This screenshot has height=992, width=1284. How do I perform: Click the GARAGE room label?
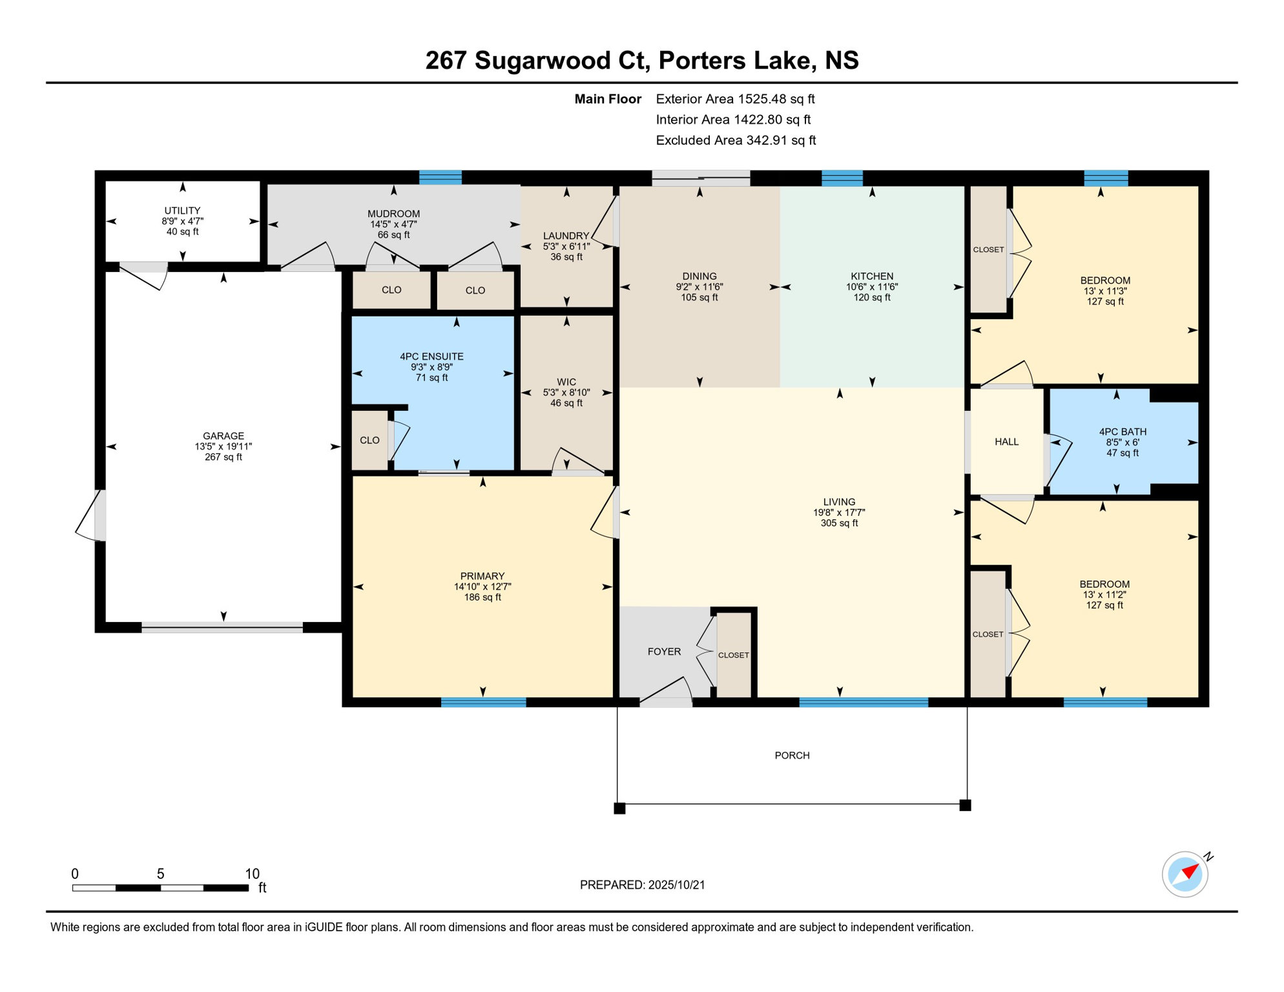click(223, 436)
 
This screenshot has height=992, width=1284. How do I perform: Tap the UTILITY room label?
click(182, 211)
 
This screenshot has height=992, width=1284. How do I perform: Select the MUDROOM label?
click(393, 214)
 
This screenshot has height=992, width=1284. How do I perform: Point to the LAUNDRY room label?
click(566, 236)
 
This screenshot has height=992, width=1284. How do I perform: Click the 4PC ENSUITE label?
click(431, 356)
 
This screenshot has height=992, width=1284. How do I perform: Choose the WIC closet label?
click(566, 382)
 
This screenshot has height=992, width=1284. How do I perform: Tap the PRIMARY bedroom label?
click(482, 576)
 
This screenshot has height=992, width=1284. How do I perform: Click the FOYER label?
click(664, 652)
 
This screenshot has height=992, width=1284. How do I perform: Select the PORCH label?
click(792, 756)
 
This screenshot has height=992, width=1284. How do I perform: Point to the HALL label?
click(1006, 442)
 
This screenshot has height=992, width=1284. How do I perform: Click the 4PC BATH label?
click(1123, 432)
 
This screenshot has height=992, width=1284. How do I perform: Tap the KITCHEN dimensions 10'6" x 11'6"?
click(872, 287)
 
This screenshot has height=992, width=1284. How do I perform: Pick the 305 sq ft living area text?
click(839, 523)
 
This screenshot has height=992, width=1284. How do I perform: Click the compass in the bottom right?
click(1185, 874)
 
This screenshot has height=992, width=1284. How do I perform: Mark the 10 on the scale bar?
click(252, 874)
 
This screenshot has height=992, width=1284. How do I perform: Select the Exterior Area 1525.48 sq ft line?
click(735, 99)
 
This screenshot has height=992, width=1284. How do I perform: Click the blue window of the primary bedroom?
click(483, 702)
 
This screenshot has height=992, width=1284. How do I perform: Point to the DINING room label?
click(699, 276)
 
